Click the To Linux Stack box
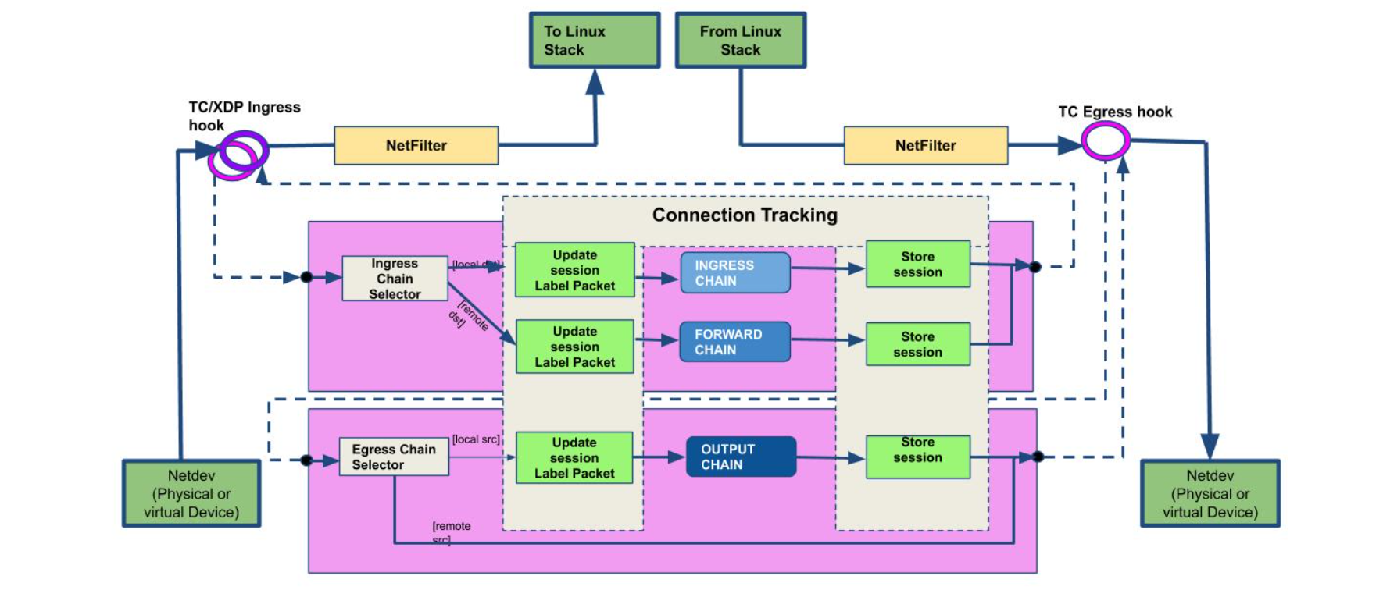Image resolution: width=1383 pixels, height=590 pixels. pyautogui.click(x=595, y=41)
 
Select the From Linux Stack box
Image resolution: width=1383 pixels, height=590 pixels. pyautogui.click(x=741, y=41)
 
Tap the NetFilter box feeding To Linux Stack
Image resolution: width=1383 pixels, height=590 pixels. pyautogui.click(x=416, y=145)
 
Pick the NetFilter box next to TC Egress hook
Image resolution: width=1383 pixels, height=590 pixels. pyautogui.click(x=926, y=145)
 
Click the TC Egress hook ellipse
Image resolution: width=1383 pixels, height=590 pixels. pyautogui.click(x=1106, y=142)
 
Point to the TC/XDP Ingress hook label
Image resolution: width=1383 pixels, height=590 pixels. pyautogui.click(x=245, y=116)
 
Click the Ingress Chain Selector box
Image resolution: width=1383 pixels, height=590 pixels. pyautogui.click(x=395, y=279)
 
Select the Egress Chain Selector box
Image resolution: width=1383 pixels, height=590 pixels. pyautogui.click(x=394, y=457)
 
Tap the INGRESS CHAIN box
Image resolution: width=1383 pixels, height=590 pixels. pyautogui.click(x=735, y=272)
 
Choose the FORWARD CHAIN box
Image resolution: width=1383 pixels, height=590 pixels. pyautogui.click(x=735, y=342)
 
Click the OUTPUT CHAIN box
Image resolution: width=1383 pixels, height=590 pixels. pyautogui.click(x=741, y=457)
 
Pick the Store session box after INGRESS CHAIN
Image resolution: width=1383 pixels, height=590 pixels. pyautogui.click(x=918, y=264)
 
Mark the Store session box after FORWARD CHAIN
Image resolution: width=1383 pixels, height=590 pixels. pyautogui.click(x=918, y=344)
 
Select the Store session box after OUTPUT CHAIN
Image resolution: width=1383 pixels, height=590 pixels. pyautogui.click(x=918, y=457)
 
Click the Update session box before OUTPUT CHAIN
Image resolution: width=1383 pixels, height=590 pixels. pyautogui.click(x=574, y=457)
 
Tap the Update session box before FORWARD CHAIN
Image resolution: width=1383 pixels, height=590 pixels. pyautogui.click(x=574, y=347)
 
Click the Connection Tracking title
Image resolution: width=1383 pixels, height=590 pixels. pyautogui.click(x=745, y=215)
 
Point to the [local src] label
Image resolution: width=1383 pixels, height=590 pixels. pyautogui.click(x=476, y=439)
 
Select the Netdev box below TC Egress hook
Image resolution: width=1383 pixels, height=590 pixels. pyautogui.click(x=1210, y=493)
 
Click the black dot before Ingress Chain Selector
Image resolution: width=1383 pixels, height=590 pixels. pyautogui.click(x=306, y=277)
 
